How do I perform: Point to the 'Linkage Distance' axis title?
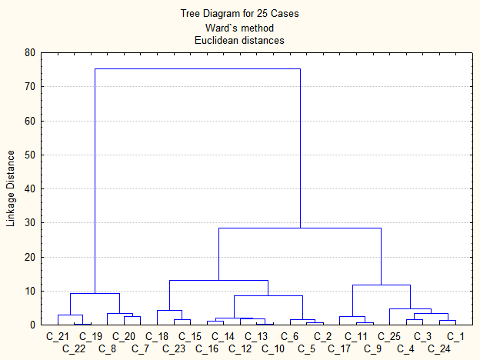pyautogui.click(x=11, y=189)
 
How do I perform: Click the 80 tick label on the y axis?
pyautogui.click(x=30, y=53)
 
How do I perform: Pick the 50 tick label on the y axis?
pyautogui.click(x=30, y=155)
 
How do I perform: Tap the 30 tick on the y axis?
pyautogui.click(x=30, y=223)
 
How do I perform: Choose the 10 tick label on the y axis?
pyautogui.click(x=30, y=291)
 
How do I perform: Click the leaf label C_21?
pyautogui.click(x=58, y=336)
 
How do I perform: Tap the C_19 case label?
pyautogui.click(x=91, y=336)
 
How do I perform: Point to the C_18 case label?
pyautogui.click(x=157, y=336)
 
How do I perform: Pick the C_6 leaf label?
pyautogui.click(x=289, y=336)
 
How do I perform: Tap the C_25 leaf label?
pyautogui.click(x=388, y=336)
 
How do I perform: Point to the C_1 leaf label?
pyautogui.click(x=455, y=336)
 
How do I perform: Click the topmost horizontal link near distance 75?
pyautogui.click(x=197, y=69)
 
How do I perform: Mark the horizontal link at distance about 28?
pyautogui.click(x=300, y=228)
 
